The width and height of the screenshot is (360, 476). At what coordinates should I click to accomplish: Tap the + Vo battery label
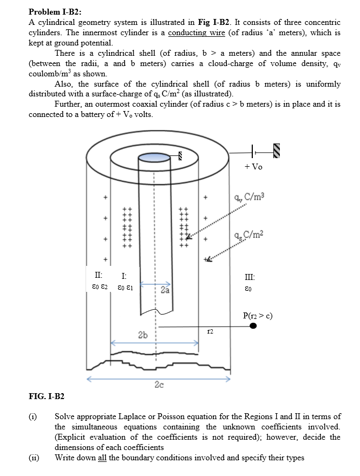click(x=253, y=167)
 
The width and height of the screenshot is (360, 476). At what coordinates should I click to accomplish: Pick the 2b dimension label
click(x=143, y=335)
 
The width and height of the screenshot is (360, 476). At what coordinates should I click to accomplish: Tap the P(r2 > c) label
click(x=257, y=316)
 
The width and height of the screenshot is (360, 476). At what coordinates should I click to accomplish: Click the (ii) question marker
click(x=34, y=458)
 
